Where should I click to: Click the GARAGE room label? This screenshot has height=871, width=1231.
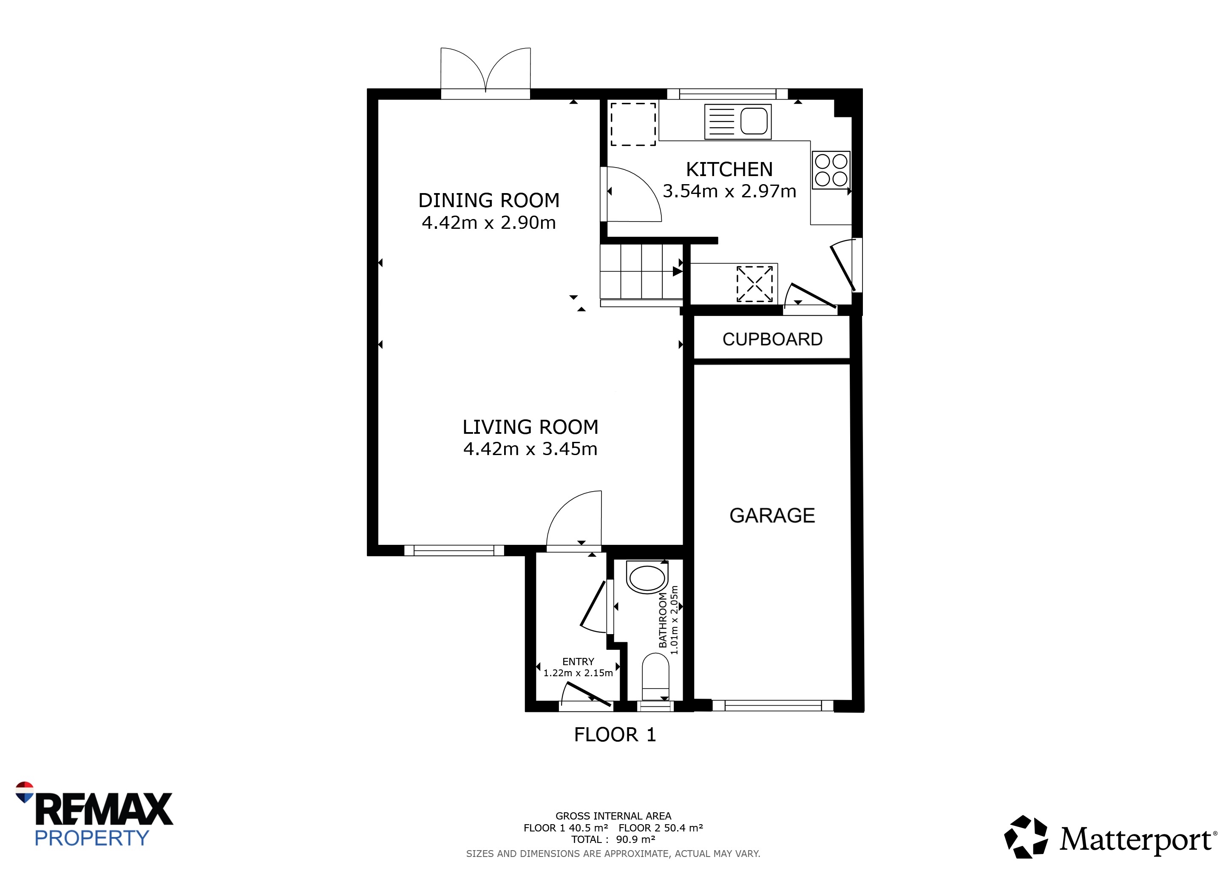(x=772, y=515)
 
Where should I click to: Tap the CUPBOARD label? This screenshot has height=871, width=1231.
(x=772, y=339)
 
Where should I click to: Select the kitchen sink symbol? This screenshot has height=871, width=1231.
(x=738, y=122)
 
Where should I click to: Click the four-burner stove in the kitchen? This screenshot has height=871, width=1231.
(x=831, y=170)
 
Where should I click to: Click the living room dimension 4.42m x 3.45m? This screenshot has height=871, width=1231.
(x=530, y=448)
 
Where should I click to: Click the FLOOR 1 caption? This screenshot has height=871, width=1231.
(x=615, y=735)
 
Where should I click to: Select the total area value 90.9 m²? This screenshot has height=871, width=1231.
(x=636, y=840)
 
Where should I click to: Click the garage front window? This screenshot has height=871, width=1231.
(x=773, y=706)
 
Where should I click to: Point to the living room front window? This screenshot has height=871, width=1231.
(x=454, y=550)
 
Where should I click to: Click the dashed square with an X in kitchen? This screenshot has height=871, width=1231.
(x=754, y=284)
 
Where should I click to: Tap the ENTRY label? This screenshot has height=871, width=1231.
(x=578, y=662)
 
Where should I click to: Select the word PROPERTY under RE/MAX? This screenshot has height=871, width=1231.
(x=92, y=838)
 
